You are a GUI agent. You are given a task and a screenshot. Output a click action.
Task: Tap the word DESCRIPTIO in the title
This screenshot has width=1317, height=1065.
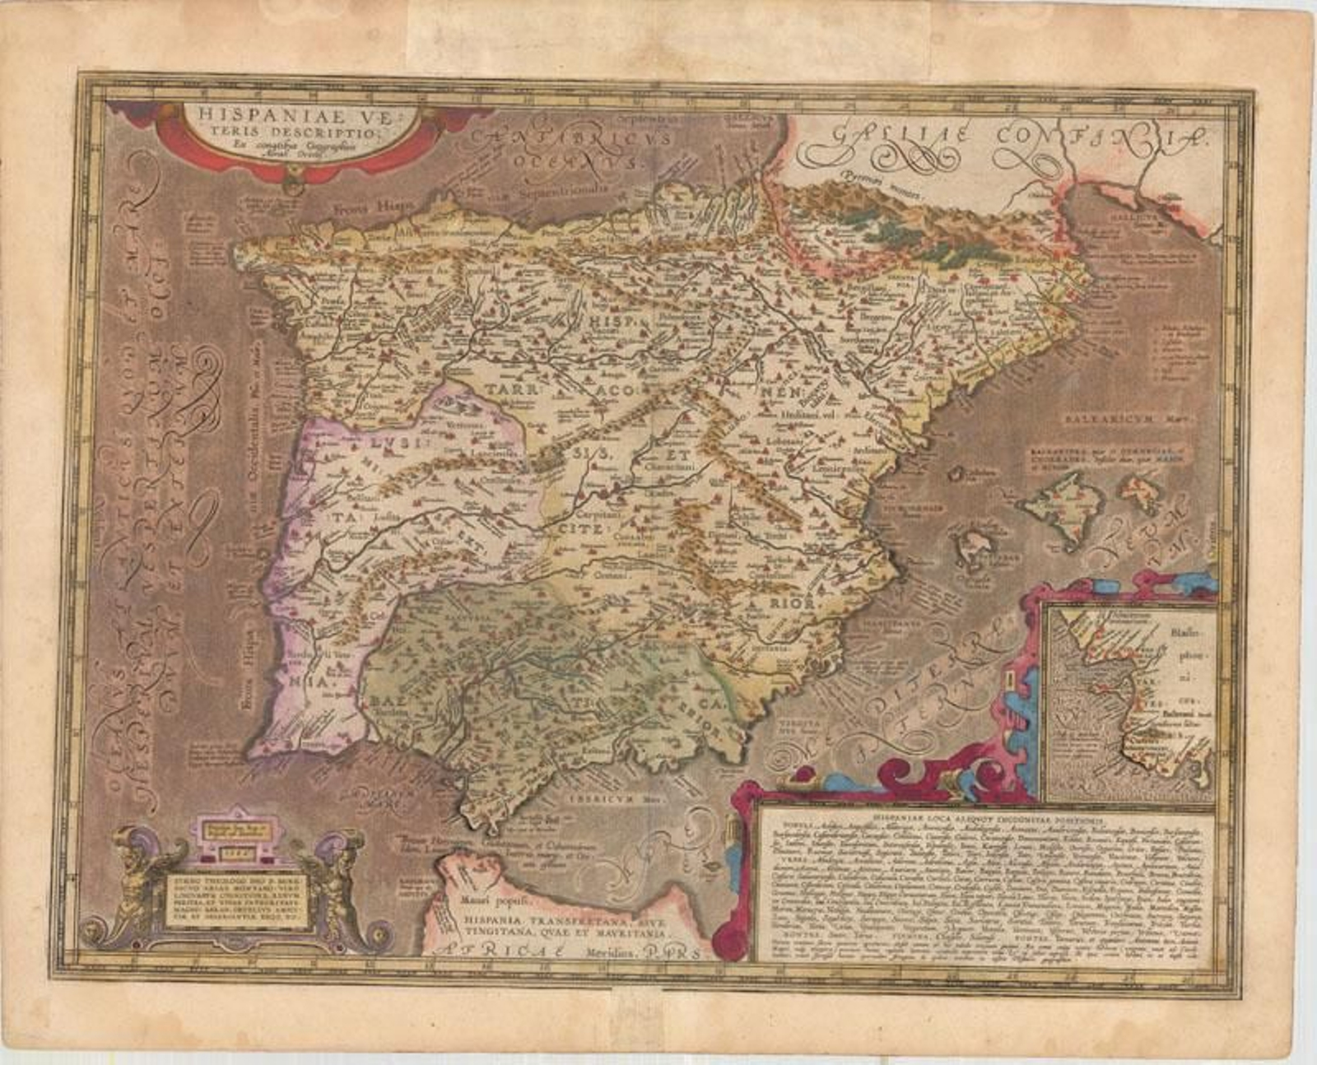[x=282, y=133]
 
